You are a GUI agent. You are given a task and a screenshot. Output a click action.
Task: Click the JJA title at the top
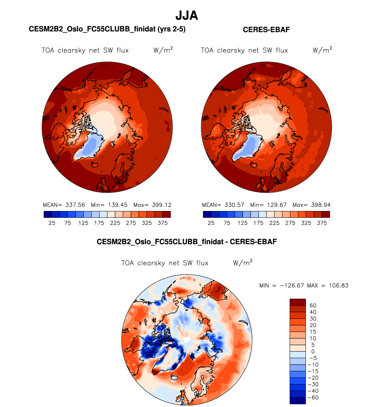tap(186, 15)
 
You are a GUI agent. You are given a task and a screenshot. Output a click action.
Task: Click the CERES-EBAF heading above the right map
tap(266, 30)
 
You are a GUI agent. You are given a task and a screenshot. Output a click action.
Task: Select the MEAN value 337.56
tap(75, 205)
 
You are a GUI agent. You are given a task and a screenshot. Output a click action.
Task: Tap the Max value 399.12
tap(161, 205)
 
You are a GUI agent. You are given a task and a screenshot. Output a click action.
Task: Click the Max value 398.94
tap(321, 205)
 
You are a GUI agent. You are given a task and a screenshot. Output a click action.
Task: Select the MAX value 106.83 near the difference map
tap(339, 285)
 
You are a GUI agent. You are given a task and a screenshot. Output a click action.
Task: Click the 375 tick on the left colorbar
tap(163, 223)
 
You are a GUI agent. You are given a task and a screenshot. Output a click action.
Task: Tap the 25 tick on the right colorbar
tap(211, 223)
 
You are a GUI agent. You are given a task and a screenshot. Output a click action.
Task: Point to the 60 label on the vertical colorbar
tap(313, 305)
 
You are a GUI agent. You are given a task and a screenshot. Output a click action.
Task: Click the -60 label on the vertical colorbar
tap(313, 398)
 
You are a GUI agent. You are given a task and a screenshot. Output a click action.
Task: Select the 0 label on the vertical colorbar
tap(313, 351)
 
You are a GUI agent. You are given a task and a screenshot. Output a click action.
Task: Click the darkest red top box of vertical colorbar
tap(298, 302)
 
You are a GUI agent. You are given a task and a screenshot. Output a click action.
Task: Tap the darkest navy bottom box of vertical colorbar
tap(298, 401)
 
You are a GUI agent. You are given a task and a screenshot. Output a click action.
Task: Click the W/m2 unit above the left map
tap(163, 50)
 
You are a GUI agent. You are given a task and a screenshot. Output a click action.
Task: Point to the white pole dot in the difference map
tap(186, 340)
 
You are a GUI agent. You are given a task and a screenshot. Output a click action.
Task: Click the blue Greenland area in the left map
tap(92, 146)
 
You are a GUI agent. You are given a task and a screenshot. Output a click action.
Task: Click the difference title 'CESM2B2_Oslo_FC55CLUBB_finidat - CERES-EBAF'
tap(186, 242)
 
